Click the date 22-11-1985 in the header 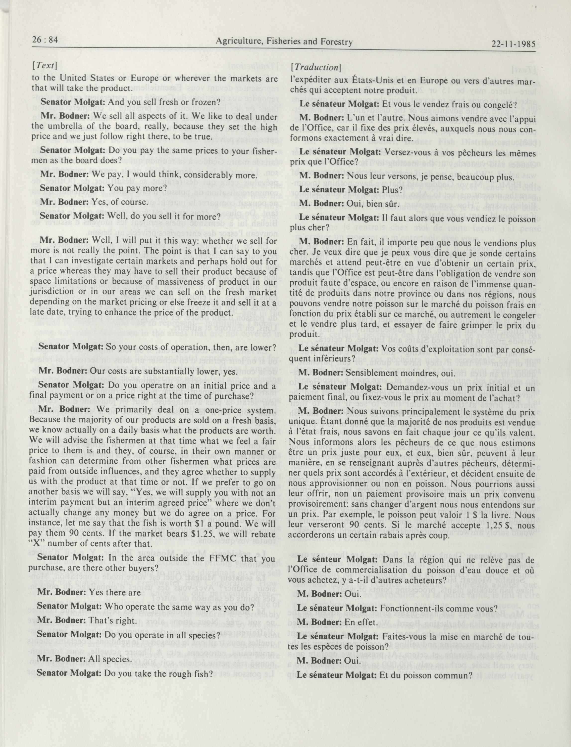click(x=513, y=44)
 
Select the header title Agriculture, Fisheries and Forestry click(x=284, y=42)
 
